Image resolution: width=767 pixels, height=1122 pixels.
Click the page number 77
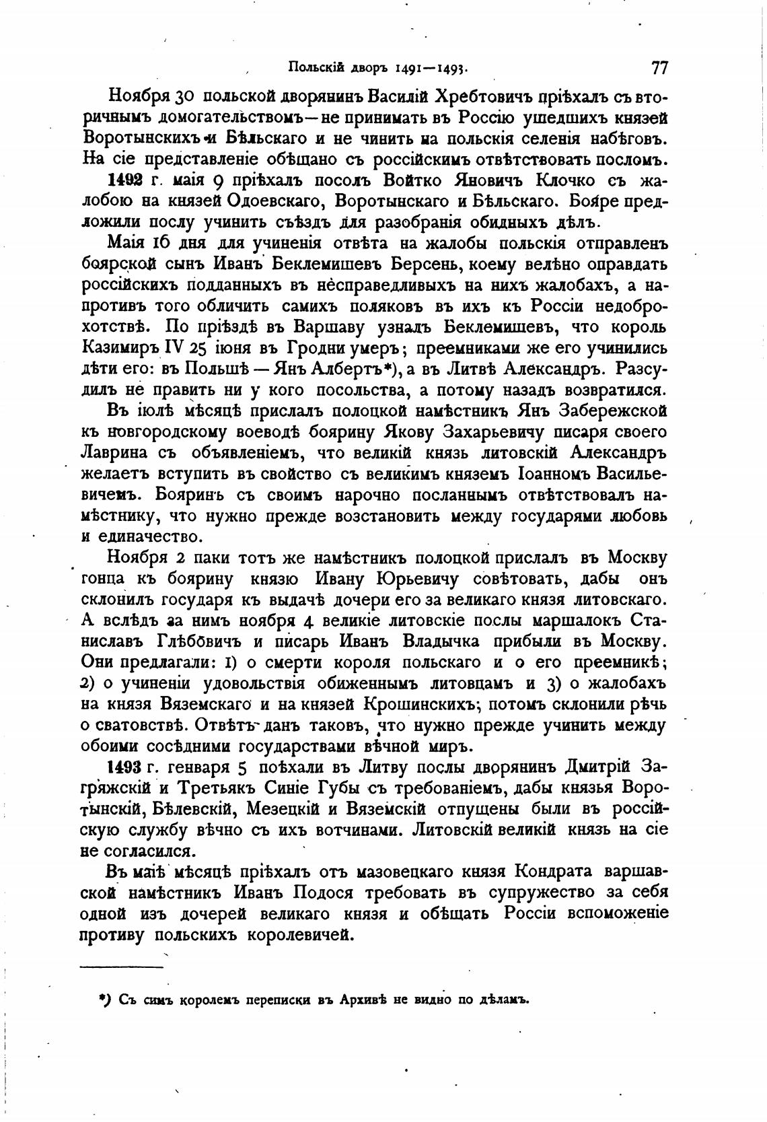[x=658, y=67]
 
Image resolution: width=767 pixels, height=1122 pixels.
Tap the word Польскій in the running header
[x=316, y=67]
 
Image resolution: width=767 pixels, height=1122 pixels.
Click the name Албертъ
[x=355, y=370]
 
